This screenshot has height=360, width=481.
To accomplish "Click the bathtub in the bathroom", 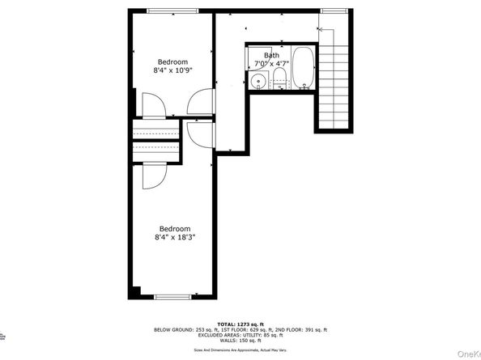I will pyautogui.click(x=304, y=68).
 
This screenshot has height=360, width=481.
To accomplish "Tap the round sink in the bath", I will pyautogui.click(x=258, y=80).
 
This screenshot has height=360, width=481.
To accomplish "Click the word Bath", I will pyautogui.click(x=270, y=54).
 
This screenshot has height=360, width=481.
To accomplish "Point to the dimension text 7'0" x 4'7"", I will pyautogui.click(x=270, y=62).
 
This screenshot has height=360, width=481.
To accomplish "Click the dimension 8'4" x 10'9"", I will pyautogui.click(x=172, y=70).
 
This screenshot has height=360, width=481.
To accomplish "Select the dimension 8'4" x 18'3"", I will pyautogui.click(x=176, y=237).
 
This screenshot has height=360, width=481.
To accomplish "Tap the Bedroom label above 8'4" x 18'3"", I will pyautogui.click(x=175, y=228).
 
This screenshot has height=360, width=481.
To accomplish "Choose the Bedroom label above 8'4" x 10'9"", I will pyautogui.click(x=172, y=61).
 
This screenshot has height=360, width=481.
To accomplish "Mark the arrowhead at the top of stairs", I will pyautogui.click(x=320, y=29).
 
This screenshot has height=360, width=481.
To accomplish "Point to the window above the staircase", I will pyautogui.click(x=334, y=10).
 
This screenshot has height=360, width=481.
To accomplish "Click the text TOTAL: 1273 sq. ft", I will pyautogui.click(x=240, y=324).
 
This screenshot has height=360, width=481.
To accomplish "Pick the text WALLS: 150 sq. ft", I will pyautogui.click(x=240, y=343).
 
